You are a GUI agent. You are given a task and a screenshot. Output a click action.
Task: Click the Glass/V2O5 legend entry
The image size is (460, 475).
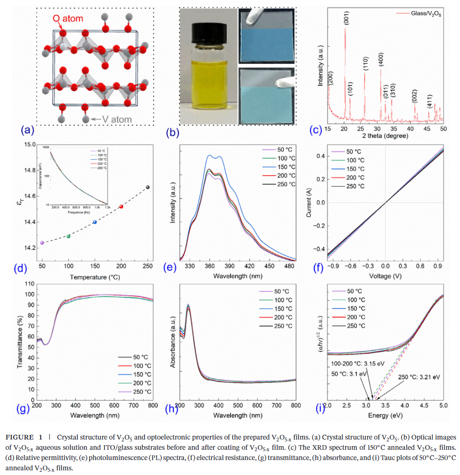click(424, 14)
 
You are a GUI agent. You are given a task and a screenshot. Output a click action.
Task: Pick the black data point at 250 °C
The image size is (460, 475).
click(148, 187)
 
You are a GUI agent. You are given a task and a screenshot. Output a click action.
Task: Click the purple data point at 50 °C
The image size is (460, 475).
click(42, 243)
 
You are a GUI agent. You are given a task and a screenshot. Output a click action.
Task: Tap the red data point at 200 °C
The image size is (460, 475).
click(121, 206)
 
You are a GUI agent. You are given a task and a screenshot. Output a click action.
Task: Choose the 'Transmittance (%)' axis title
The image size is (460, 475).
click(20, 341)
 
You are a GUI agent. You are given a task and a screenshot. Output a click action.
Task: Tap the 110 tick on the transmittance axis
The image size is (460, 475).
click(28, 284)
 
